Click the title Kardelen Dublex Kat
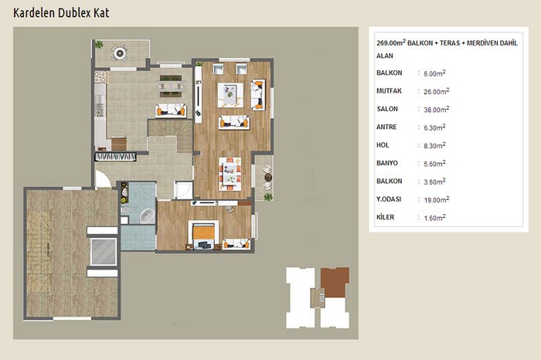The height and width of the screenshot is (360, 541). [x=61, y=13]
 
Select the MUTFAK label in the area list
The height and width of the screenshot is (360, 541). [x=389, y=91]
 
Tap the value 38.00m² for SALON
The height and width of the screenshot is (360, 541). [x=437, y=109]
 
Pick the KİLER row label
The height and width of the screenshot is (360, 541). [x=385, y=217]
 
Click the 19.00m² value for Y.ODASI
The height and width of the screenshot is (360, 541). [x=437, y=199]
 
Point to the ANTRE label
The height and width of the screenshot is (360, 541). [x=386, y=127]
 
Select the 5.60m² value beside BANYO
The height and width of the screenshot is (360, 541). [x=434, y=164]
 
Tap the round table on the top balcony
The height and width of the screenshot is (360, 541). [x=120, y=53]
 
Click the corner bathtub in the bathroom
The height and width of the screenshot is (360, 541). [x=147, y=216]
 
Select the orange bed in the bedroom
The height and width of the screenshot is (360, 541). [x=203, y=232]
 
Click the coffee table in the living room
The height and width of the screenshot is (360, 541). [x=230, y=94]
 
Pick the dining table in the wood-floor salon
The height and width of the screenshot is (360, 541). [x=230, y=174]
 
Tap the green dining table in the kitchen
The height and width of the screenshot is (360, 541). [x=171, y=86]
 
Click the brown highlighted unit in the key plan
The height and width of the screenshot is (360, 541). [x=335, y=282]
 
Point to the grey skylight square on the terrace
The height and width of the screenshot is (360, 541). [x=104, y=251]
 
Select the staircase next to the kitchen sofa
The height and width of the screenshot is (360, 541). [x=170, y=135]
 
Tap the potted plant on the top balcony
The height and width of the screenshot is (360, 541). [x=100, y=44]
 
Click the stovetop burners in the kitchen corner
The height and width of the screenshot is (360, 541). [x=100, y=77]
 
